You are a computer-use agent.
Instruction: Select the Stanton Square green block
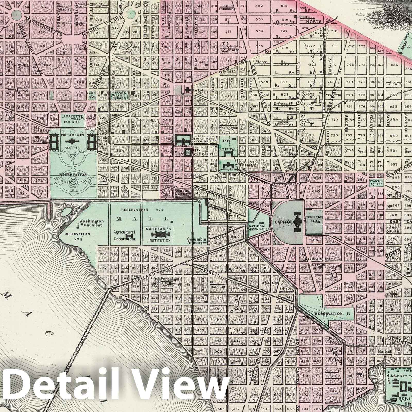[376, 183]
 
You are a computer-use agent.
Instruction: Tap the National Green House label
[259, 227]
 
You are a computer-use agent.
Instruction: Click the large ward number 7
[236, 303]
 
